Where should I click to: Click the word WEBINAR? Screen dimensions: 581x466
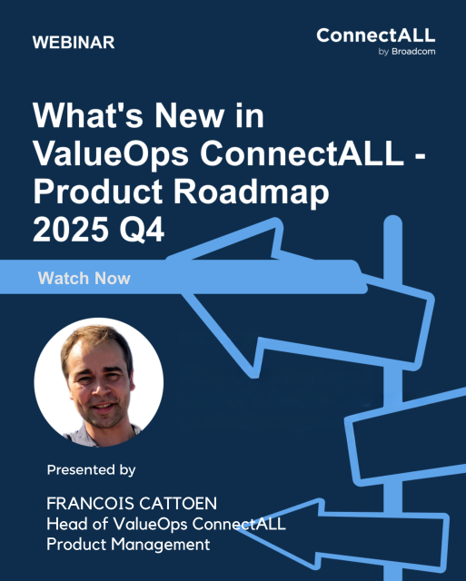pyautogui.click(x=73, y=44)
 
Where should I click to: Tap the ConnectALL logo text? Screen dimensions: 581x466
pyautogui.click(x=375, y=35)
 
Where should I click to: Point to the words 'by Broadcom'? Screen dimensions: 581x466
pyautogui.click(x=406, y=52)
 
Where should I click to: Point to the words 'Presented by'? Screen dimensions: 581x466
pyautogui.click(x=92, y=470)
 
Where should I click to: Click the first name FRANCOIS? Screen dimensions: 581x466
pyautogui.click(x=88, y=503)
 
